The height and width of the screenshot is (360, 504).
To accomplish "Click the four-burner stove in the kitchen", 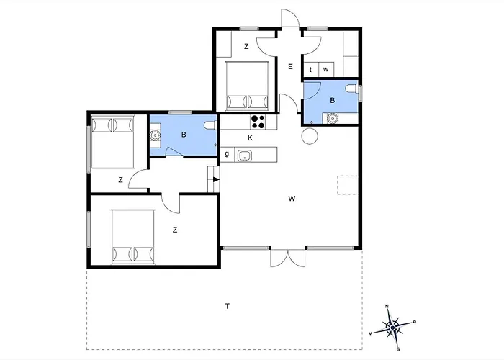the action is coord(258,122).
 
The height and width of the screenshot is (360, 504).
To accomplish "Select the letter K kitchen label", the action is coord(250,138).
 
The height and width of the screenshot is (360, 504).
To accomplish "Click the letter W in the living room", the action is coord(292,199).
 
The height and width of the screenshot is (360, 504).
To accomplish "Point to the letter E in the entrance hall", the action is coord(291,67).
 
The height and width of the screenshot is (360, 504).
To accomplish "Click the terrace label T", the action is coord(228,306).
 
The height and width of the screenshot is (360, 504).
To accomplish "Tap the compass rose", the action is coord(392,328).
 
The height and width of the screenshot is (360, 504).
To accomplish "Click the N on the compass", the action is coord(387,306).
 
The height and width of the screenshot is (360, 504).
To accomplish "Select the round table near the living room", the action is coord(310,136).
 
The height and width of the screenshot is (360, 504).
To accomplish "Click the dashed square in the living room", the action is coord(348,185).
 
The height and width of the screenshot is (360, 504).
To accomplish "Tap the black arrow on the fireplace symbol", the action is coord(216,179).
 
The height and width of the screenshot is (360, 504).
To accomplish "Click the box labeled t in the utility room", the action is coord(311,70).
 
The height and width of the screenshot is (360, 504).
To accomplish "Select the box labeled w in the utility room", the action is coord(326,70).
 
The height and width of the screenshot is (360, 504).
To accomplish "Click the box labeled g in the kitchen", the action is coord(228,155).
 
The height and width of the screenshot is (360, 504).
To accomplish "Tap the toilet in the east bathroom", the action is coord(351,88).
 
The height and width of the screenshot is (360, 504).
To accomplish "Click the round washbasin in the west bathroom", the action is coord(156,135).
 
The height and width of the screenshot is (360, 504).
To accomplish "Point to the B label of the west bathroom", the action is coord(184,135).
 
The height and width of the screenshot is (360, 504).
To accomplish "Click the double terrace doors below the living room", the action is coord(288,258).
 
